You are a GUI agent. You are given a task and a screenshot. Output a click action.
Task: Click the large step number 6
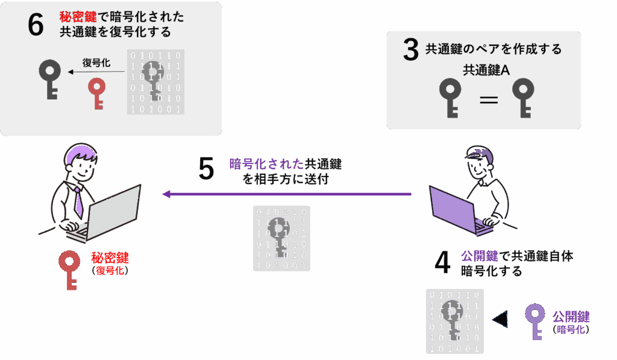pos(36,24)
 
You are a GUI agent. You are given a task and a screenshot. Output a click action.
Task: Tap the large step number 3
pos(411,49)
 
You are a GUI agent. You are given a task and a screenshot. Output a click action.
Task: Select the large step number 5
pos(206,169)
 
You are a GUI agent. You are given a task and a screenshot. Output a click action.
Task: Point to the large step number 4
pos(442,262)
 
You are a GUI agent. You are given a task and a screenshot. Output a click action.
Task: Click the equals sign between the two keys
pos(489,99)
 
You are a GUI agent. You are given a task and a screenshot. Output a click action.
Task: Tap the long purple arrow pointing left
pos(287,194)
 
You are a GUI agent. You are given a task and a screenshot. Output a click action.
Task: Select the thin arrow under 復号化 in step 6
pos(96,72)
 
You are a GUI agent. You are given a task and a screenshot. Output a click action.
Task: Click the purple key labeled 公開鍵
pos(535,321)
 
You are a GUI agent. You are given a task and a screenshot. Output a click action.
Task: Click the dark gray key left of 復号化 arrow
pos(50,79)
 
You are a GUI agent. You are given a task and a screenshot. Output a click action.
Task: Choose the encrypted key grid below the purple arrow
pos(281,238)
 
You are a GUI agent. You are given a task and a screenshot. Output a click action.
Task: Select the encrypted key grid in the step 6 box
pos(155,82)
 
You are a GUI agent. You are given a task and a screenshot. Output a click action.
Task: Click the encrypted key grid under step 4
pos(454,321)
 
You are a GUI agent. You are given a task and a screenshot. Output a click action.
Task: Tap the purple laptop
pos(460,210)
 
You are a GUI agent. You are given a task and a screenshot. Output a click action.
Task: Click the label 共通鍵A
pos(486,70)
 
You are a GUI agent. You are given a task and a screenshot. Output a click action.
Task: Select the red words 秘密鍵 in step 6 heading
pos(78,16)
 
